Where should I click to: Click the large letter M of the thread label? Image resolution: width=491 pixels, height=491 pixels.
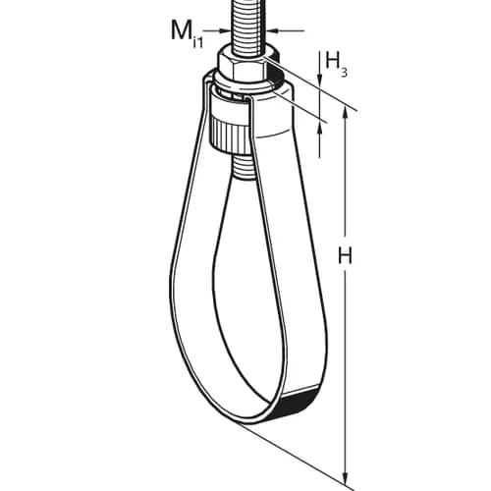182,31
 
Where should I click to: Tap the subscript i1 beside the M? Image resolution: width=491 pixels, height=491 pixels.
198,43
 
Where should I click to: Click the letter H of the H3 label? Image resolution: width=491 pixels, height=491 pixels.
332,60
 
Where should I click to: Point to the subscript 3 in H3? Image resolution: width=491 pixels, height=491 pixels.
344,73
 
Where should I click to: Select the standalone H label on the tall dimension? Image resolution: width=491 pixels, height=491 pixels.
345,255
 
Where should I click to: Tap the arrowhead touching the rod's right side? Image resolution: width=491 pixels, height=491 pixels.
272,30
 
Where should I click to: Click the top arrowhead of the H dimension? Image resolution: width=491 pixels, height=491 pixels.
345,113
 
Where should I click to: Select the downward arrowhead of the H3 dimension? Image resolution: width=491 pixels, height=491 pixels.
320,78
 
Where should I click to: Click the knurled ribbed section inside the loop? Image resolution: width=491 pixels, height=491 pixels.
229,135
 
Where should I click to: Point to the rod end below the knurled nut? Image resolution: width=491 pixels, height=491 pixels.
243,166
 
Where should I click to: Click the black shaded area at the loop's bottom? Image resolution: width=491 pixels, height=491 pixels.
298,402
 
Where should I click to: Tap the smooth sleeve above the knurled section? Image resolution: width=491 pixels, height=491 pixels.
229,105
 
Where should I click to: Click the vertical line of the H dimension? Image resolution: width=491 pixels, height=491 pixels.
345,296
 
